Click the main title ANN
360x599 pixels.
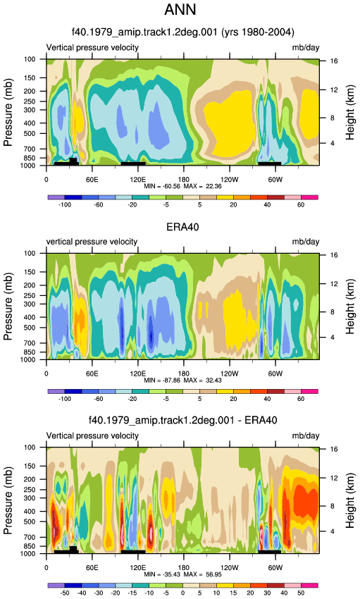(180, 10)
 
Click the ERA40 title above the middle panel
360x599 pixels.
(182, 227)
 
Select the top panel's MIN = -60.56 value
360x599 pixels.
(162, 187)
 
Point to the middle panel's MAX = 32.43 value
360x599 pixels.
(202, 381)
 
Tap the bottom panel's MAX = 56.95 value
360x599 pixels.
(202, 574)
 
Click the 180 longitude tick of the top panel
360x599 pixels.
(184, 180)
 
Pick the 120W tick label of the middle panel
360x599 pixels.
(230, 373)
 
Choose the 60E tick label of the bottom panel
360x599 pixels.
(92, 568)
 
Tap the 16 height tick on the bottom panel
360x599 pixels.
(334, 450)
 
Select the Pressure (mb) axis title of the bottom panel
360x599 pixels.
(8, 500)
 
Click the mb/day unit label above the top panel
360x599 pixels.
(306, 48)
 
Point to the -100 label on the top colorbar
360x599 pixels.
(65, 205)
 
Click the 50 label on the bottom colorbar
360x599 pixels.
(301, 593)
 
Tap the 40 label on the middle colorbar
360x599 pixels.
(267, 399)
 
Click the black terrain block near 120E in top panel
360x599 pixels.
(133, 163)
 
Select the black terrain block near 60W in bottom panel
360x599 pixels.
(270, 552)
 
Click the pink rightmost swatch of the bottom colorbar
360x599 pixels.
(309, 585)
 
